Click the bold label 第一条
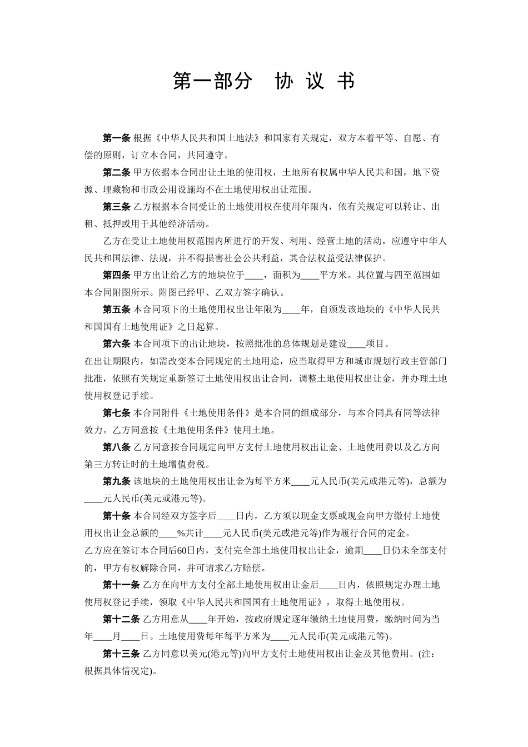point(116,138)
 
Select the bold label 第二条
point(116,173)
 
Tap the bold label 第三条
point(116,207)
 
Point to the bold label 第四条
point(116,275)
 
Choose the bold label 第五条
point(116,310)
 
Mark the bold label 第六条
point(116,344)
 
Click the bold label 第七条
point(116,413)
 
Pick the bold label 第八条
point(116,447)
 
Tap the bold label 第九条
point(116,481)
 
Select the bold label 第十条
point(116,516)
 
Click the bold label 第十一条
point(121,585)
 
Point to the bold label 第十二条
point(121,619)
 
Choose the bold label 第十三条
point(121,654)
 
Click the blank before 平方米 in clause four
point(310,275)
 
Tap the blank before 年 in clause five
point(291,310)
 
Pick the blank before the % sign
point(168,534)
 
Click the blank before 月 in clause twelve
point(103,636)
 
